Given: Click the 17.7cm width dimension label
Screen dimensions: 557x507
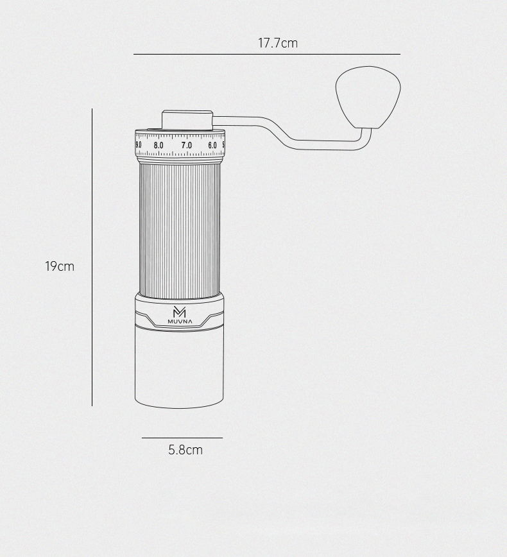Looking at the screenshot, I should [x=278, y=44].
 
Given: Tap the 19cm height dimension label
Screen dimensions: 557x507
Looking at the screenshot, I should [x=60, y=266].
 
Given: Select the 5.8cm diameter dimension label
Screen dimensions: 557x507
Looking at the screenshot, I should [x=185, y=450].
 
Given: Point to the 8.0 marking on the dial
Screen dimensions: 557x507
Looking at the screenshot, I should [x=159, y=146].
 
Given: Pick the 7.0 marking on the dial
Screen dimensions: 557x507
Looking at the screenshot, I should [x=186, y=146].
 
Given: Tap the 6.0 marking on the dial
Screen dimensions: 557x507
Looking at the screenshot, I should [x=212, y=146].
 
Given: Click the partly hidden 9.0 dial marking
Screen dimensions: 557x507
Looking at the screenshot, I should [x=139, y=146].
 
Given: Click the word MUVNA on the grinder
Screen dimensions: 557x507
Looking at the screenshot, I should [x=179, y=321].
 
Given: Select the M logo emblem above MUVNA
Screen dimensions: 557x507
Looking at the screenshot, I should [x=179, y=311].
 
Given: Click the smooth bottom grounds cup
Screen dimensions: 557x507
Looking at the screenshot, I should [x=179, y=369].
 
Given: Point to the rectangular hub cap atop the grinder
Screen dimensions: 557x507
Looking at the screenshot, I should [x=187, y=121].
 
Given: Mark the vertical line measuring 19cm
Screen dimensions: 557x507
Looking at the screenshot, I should [x=92, y=257].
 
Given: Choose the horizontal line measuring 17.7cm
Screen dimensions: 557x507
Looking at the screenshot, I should [x=266, y=54].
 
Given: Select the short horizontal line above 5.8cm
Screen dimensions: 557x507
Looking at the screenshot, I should [x=182, y=438].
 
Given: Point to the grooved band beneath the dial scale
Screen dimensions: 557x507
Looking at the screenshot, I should [x=180, y=159].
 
